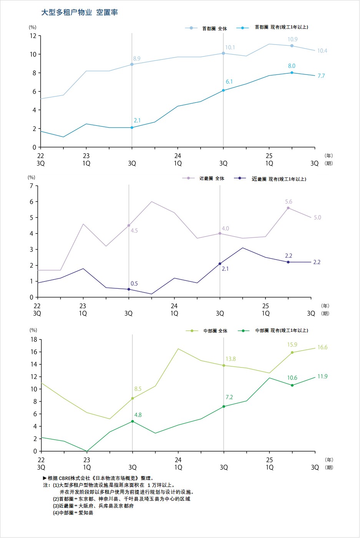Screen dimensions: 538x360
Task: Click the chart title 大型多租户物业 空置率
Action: pyautogui.click(x=80, y=12)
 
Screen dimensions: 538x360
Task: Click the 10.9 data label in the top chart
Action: pyautogui.click(x=292, y=39)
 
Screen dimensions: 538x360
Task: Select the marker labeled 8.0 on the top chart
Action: pyautogui.click(x=292, y=73)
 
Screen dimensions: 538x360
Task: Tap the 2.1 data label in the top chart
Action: pyautogui.click(x=137, y=121)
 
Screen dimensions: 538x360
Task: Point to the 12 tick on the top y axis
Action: pyautogui.click(x=33, y=36)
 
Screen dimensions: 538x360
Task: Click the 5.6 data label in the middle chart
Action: pyautogui.click(x=289, y=202)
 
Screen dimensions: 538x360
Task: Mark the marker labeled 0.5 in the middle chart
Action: pyautogui.click(x=129, y=289)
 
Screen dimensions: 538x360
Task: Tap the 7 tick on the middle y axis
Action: pyautogui.click(x=32, y=186)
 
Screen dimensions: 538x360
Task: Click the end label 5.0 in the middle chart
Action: pyautogui.click(x=317, y=217)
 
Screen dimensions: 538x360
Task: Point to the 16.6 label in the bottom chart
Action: pyautogui.click(x=322, y=347)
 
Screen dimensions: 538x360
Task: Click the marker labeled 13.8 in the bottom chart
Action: pyautogui.click(x=224, y=365)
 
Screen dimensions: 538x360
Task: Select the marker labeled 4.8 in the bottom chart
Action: pyautogui.click(x=133, y=421)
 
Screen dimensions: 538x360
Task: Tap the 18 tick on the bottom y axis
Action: pyautogui.click(x=33, y=339)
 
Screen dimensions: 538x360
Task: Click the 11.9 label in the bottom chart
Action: pyautogui.click(x=322, y=376)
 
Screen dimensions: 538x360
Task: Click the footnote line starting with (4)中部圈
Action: pyautogui.click(x=73, y=513)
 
